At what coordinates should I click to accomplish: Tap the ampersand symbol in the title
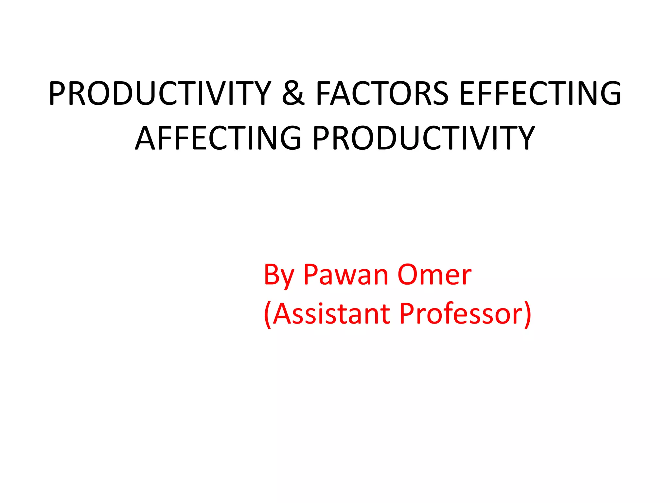point(293,94)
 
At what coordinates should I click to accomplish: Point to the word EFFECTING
point(540,94)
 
